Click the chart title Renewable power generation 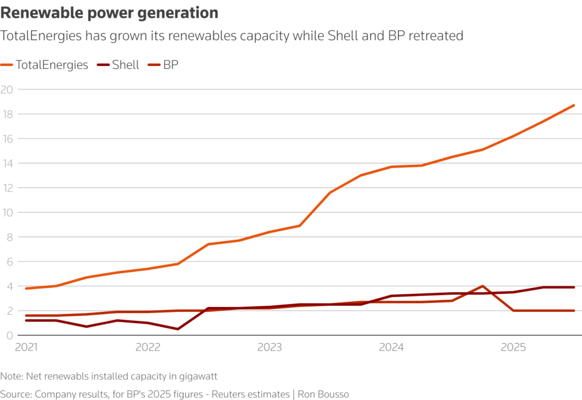tap(109, 13)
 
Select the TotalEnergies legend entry tap(51, 65)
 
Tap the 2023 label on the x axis tap(269, 347)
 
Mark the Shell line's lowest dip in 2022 tap(178, 329)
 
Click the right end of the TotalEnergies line tap(574, 105)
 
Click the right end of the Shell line tap(574, 287)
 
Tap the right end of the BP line tap(574, 311)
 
